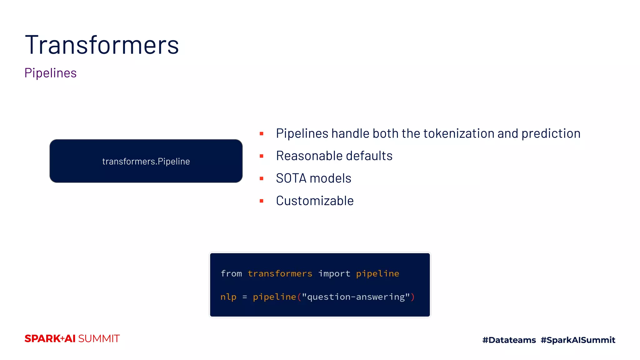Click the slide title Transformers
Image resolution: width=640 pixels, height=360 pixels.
pos(102,45)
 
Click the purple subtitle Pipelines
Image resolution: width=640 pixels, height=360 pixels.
pos(51,73)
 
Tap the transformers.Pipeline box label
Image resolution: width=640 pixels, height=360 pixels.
pos(146,161)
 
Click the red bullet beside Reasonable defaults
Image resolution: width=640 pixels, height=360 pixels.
pos(262,156)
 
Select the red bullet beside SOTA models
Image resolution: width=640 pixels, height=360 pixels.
pos(262,178)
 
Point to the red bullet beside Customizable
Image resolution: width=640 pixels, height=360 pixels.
pos(262,201)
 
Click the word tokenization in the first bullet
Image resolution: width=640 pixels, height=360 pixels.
pos(458,134)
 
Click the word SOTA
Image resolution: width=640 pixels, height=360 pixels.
pos(291,178)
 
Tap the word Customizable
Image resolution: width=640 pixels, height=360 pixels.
pos(315,201)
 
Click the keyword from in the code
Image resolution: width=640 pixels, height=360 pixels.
pos(231,274)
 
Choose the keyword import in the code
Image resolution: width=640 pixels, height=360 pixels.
pos(334,274)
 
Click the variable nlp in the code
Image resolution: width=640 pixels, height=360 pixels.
pos(228,297)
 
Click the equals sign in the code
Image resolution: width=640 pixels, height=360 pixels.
pos(245,297)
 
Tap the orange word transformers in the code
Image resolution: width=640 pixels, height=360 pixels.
pos(280,274)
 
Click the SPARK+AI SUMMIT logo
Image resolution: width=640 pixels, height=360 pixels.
pos(72,339)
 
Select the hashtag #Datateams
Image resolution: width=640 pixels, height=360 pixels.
pos(509,340)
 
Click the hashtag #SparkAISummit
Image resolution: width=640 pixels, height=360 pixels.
pos(578,340)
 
